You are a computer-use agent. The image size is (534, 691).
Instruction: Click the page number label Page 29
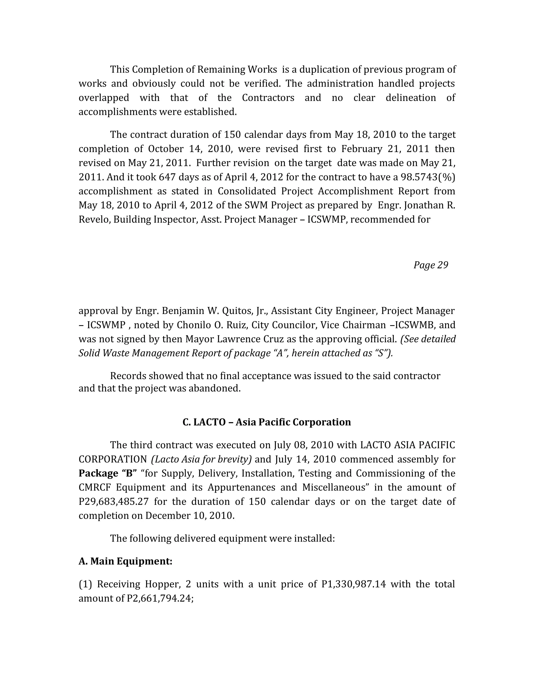click(430, 265)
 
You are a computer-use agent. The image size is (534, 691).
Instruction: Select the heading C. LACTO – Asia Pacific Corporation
click(267, 422)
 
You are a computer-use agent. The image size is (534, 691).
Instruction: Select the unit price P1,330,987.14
click(354, 584)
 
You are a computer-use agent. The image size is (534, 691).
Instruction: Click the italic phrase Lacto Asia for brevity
click(202, 459)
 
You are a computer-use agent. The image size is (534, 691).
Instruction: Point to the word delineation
click(410, 98)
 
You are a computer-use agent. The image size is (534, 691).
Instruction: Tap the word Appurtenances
click(241, 487)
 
